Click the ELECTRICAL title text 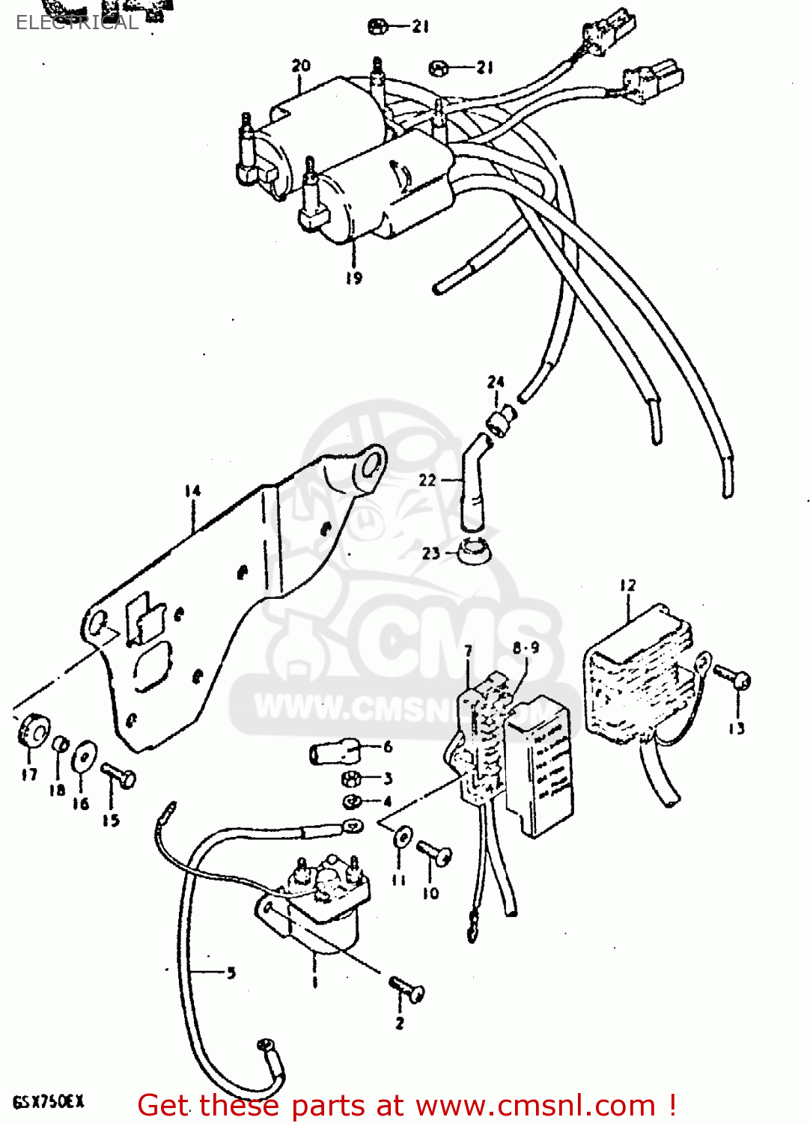[77, 22]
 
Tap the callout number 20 [301, 66]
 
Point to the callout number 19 [353, 278]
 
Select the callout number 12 [627, 585]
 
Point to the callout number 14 [193, 491]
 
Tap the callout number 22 [427, 480]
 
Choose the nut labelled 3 [350, 779]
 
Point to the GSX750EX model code [48, 1101]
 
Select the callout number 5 [231, 973]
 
